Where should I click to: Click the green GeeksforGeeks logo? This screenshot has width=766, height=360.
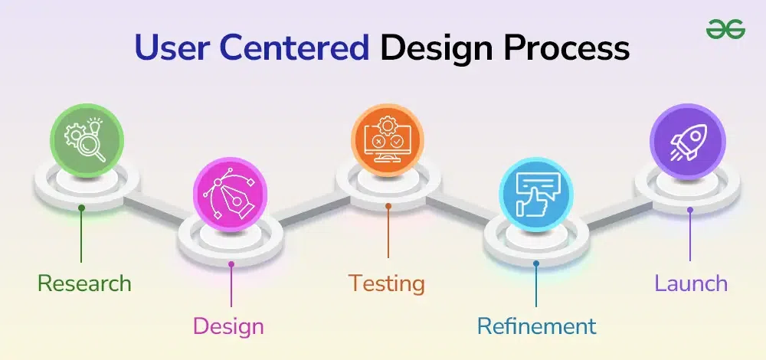point(725,29)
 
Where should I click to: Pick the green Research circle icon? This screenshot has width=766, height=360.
point(87,141)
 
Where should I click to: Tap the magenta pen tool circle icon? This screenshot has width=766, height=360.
point(230,194)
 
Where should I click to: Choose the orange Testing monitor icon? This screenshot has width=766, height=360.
point(388,140)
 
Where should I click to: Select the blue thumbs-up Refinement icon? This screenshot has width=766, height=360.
point(536,194)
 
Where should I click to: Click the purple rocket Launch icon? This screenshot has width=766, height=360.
point(687,141)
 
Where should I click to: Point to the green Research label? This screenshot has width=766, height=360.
point(84,283)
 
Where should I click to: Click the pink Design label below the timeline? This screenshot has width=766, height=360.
point(228,327)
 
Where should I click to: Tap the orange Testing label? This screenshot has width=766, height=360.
point(386,284)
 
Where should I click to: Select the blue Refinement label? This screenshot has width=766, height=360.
point(537,326)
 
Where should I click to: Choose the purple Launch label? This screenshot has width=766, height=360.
point(691,283)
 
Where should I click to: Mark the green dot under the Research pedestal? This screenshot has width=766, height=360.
point(82,208)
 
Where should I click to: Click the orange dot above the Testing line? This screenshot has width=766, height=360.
point(388,206)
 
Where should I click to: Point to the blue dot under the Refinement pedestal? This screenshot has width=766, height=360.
point(536,263)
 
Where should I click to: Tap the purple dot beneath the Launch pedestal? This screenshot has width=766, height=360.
point(690,210)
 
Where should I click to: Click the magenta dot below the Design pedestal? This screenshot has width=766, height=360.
point(231,263)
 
